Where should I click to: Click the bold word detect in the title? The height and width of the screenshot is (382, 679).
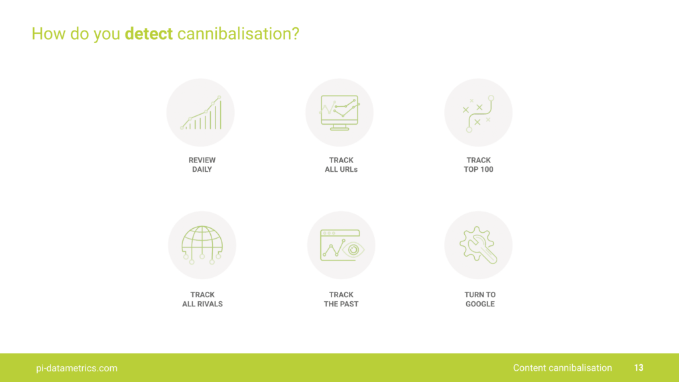coord(149,34)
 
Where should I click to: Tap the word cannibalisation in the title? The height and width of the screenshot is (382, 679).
coord(238,34)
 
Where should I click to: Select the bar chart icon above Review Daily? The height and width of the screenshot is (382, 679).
coord(201,113)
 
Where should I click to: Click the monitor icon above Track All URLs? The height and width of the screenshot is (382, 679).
coord(339,113)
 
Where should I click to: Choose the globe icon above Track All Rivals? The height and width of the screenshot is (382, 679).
coord(202,245)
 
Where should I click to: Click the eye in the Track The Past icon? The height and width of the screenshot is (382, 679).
coord(353,249)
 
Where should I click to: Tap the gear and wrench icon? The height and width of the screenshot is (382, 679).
coord(478,245)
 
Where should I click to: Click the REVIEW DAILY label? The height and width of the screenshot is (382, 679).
coord(202,164)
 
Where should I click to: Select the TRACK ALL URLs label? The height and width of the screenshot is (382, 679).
coord(341,164)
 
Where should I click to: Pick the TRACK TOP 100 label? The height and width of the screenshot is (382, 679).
coord(479,164)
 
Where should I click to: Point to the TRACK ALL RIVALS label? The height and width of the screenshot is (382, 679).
coord(202,299)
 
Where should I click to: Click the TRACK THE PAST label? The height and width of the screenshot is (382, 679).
coord(341,299)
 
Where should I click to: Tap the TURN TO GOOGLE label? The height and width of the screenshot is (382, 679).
coord(480,299)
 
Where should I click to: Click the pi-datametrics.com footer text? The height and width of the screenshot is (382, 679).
coord(77,368)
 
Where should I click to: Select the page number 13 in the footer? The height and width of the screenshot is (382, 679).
coord(639,367)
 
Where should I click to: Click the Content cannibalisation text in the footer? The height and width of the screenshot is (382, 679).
coord(562,367)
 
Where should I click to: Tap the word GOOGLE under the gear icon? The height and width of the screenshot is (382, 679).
coord(480,304)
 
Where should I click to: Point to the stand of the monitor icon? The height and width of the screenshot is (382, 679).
coord(339,127)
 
